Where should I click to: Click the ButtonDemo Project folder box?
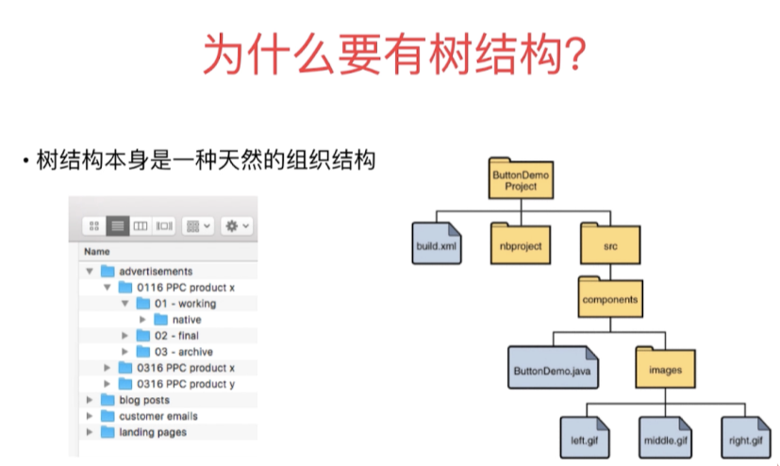coord(521,178)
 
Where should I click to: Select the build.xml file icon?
coord(437,243)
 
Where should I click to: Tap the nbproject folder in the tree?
coord(521,243)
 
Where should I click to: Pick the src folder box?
coord(610,243)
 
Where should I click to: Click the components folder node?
coord(610,297)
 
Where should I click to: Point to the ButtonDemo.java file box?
coord(553,368)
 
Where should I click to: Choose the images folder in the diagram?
coord(666,368)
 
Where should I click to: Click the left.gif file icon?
coord(585,438)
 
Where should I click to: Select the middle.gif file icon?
coord(666,438)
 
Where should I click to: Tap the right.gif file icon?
coord(746,438)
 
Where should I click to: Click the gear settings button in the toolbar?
coord(237,226)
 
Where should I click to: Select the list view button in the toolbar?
coord(118,226)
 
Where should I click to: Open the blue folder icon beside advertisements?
coord(108,271)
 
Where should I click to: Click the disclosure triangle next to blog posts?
coord(90,400)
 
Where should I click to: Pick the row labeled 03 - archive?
coord(168,352)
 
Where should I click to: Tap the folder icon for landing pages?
coord(108,432)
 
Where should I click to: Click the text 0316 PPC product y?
coord(186,384)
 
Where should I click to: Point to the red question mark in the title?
coord(575,54)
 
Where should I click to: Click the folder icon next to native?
coord(160,319)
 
